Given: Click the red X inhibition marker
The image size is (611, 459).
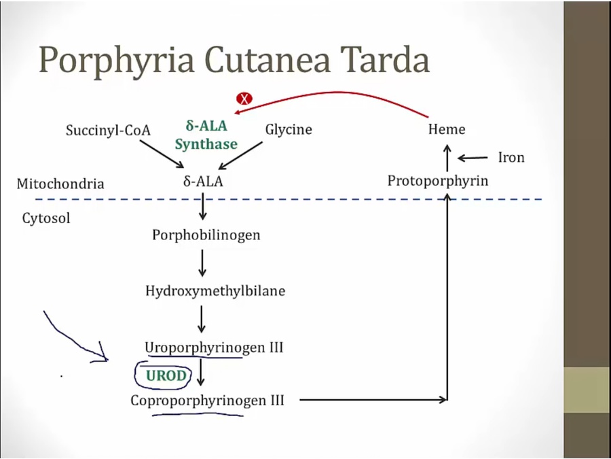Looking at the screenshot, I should click(x=244, y=99).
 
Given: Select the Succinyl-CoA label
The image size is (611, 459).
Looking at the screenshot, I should click(x=108, y=130).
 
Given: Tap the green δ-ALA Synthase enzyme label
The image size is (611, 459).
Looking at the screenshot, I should click(x=206, y=135).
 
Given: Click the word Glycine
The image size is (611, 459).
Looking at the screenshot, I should click(x=289, y=129).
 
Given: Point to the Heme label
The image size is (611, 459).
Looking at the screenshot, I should click(x=447, y=129).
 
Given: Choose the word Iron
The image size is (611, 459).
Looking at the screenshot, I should click(x=511, y=158).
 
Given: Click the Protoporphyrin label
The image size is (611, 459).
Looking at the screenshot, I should click(x=438, y=181).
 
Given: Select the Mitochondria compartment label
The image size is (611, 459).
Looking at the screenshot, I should click(x=60, y=184).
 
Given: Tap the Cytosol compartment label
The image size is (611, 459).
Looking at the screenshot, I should click(x=46, y=218).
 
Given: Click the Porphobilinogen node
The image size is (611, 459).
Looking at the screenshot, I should click(x=206, y=235).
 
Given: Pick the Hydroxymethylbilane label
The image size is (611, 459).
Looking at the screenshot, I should click(x=215, y=291).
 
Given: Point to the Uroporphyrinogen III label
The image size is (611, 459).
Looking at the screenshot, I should click(x=214, y=347).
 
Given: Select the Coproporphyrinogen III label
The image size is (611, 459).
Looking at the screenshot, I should click(x=207, y=400).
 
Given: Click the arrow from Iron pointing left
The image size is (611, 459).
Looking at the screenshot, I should click(x=473, y=158).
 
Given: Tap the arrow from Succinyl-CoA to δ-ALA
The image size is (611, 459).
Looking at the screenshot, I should click(x=161, y=154).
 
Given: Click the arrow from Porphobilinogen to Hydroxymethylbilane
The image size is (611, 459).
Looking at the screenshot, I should click(x=202, y=263).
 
